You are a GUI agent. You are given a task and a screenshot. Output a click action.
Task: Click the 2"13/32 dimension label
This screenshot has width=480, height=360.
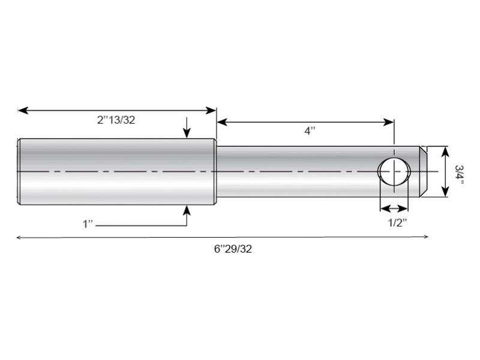116,120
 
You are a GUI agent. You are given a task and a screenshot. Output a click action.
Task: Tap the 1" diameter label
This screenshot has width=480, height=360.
89,224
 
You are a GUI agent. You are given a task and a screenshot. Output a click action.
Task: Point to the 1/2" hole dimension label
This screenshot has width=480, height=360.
397,223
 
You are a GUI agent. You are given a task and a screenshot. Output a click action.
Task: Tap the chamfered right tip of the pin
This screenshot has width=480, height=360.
423,171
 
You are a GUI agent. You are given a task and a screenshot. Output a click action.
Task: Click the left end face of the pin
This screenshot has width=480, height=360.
19,172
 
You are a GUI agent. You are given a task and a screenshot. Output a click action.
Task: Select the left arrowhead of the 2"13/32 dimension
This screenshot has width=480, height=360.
22,110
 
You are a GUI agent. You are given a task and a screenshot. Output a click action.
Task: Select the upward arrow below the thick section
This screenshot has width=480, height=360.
187,209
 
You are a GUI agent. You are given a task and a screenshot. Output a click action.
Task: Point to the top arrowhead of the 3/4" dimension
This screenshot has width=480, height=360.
445,151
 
